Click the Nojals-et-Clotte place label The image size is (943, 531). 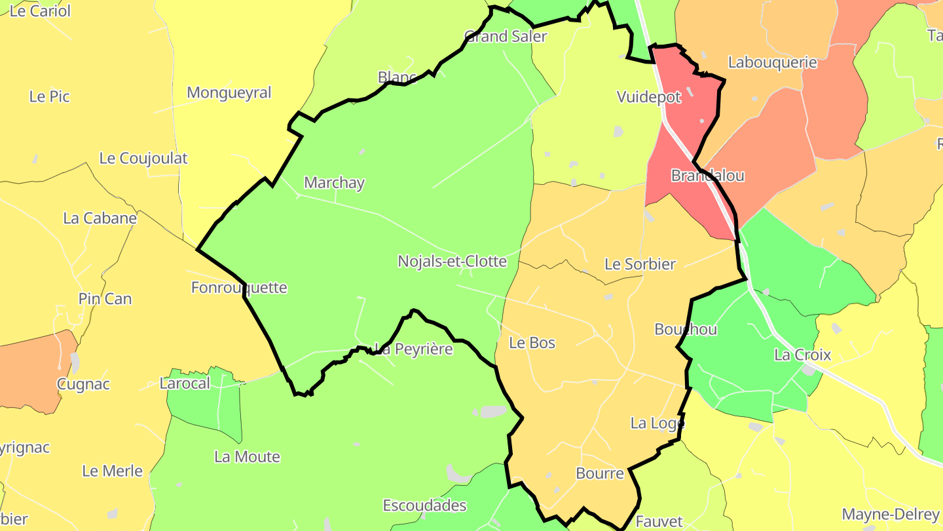tap(452, 262)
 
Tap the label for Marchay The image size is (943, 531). tap(334, 183)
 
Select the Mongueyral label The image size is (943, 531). tap(229, 92)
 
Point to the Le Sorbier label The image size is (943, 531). tap(640, 264)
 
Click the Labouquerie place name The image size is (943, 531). tap(773, 62)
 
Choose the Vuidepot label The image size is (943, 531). tap(649, 97)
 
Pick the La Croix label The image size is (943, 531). tap(802, 355)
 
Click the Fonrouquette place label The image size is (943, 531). tap(239, 288)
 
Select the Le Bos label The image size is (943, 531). tap(532, 343)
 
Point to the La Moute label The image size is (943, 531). tap(247, 457)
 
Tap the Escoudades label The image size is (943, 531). tap(424, 505)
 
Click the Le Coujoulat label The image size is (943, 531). tap(143, 158)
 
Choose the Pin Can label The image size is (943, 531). tap(105, 299)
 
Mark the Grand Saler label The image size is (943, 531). tap(505, 36)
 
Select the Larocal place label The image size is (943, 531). tap(185, 383)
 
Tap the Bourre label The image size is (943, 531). tap(599, 473)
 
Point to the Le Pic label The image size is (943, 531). tap(49, 96)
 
